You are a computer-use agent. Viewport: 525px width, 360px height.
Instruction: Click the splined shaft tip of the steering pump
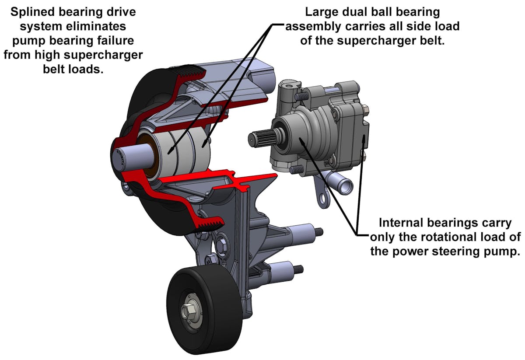[x=258, y=138]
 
